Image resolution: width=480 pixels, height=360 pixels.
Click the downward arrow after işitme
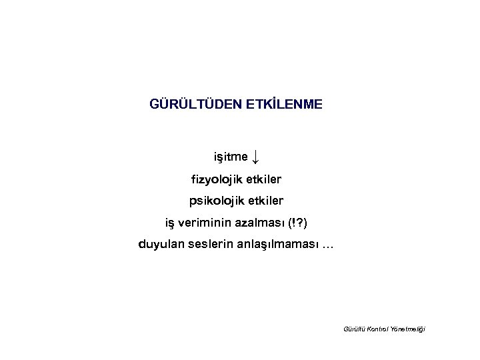click(x=257, y=157)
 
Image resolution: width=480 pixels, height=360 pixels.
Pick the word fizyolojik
click(x=217, y=179)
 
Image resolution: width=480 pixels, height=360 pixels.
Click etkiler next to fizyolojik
click(x=263, y=179)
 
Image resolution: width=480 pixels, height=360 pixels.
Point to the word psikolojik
click(x=218, y=201)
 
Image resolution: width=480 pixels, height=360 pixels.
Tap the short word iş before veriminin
click(x=171, y=222)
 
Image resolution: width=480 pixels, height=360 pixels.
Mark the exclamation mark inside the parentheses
click(x=294, y=222)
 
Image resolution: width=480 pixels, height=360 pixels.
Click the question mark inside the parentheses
click(x=301, y=222)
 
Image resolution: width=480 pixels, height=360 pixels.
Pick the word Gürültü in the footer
click(x=353, y=329)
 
